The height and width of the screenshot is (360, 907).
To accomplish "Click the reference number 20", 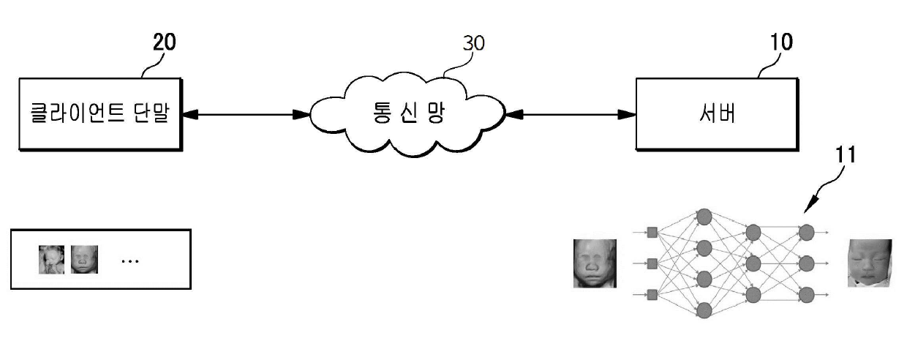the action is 164,42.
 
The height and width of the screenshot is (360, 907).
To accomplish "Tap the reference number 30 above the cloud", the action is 474,44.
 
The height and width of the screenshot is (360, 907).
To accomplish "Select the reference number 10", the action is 780,42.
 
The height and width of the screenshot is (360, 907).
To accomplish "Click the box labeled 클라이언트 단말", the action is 99,113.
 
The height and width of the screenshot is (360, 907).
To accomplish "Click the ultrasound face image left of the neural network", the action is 595,263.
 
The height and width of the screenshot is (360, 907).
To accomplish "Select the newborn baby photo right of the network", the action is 870,263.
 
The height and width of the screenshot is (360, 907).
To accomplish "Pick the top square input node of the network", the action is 652,232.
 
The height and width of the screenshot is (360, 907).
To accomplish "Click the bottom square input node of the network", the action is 652,294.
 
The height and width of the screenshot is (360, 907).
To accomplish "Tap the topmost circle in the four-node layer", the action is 704,217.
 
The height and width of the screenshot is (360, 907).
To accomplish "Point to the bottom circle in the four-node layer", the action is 704,310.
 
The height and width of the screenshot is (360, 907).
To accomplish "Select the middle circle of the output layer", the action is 806,263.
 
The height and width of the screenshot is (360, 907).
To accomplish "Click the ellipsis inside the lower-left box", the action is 129,260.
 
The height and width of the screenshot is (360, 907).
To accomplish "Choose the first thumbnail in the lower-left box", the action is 51,260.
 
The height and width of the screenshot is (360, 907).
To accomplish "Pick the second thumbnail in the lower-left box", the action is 84,260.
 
